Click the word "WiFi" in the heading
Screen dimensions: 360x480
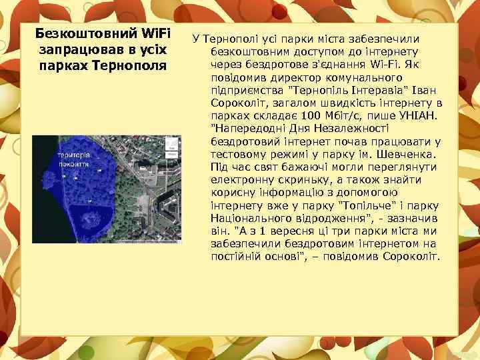coord(156,34)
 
